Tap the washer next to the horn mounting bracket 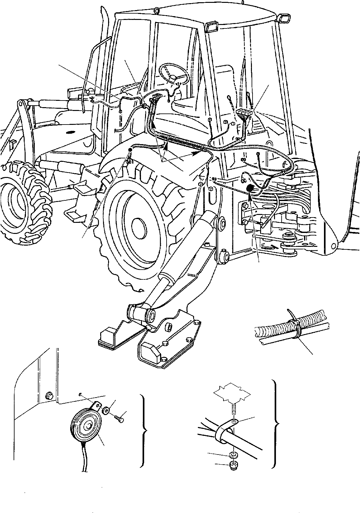(x=107, y=411)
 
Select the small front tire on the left (x=24, y=202)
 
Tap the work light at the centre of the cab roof (x=211, y=27)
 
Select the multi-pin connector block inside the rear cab (x=243, y=114)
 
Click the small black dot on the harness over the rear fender (x=130, y=149)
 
